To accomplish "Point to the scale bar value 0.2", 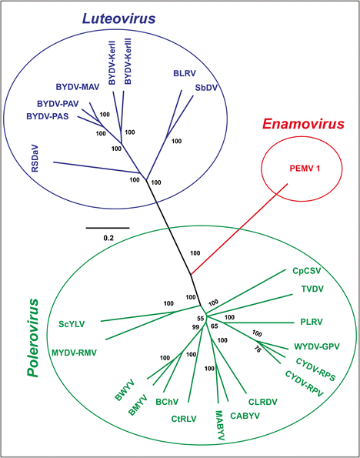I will (108, 238).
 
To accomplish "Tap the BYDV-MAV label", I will (78, 87).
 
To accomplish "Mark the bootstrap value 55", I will (201, 318).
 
